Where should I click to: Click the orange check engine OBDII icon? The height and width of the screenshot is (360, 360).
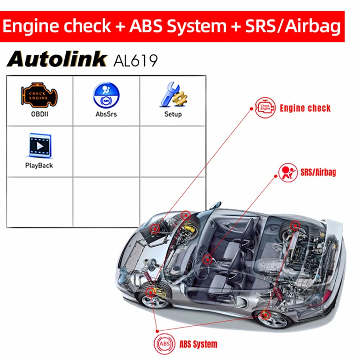(39, 95)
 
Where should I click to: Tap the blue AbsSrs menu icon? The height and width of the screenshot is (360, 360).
(106, 95)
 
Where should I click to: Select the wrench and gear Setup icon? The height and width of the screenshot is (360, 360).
(173, 94)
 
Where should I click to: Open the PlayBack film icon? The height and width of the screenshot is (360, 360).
(40, 145)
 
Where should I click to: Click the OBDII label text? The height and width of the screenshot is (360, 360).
(40, 114)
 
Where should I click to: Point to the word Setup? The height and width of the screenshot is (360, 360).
(173, 114)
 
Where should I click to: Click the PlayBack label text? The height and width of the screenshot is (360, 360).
(39, 166)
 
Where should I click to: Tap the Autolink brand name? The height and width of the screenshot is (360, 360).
(57, 59)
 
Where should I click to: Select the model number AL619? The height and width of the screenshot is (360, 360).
(136, 60)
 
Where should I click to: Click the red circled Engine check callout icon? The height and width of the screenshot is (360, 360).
(265, 108)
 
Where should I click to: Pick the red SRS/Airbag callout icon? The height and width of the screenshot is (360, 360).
(288, 173)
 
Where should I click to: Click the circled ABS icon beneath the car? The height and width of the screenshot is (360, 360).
(164, 344)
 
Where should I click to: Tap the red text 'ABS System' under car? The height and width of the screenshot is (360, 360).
(198, 344)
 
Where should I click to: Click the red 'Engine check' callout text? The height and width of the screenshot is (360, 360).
(305, 108)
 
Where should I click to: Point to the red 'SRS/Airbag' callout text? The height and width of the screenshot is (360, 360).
(318, 172)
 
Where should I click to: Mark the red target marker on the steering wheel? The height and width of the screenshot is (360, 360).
(207, 260)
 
